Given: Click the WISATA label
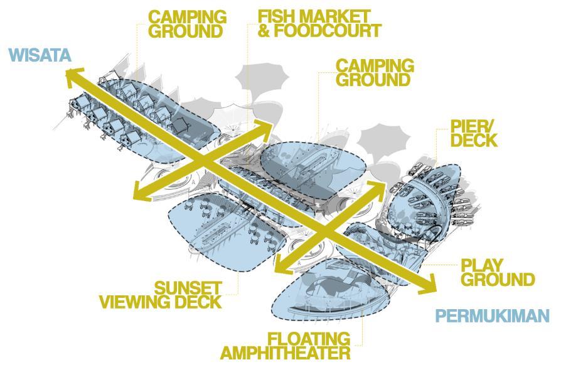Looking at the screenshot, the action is [x=40, y=55].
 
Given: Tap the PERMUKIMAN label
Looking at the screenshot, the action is [x=492, y=315].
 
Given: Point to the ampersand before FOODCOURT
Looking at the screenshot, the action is [x=264, y=30].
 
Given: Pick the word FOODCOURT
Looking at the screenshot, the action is [x=326, y=30].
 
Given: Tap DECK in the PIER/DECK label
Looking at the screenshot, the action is [x=474, y=140].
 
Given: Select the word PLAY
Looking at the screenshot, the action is [x=481, y=265].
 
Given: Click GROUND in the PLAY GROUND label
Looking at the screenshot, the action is [x=498, y=279].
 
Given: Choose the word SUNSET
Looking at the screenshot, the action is [x=188, y=288].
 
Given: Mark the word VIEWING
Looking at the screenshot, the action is [x=137, y=302].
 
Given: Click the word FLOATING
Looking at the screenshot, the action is [x=308, y=339].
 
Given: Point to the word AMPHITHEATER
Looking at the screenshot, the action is [x=285, y=353].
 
